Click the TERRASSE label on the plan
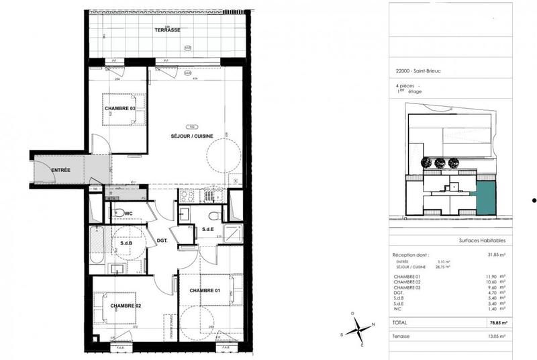[x=167, y=31]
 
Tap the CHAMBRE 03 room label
[x=120, y=108]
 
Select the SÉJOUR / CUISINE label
[x=192, y=136]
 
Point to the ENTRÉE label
[x=60, y=170]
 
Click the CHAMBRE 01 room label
[x=205, y=290]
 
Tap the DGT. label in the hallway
[x=162, y=239]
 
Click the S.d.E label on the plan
[x=208, y=230]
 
